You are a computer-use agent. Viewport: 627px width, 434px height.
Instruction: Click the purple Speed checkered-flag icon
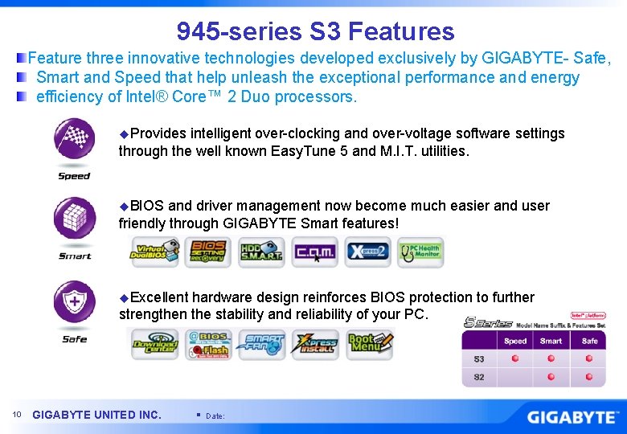[x=74, y=138]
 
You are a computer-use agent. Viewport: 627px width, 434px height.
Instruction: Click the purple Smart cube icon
[x=74, y=219]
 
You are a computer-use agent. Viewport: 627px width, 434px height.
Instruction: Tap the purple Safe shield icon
[x=74, y=302]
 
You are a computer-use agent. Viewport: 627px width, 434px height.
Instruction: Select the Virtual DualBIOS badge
[x=156, y=252]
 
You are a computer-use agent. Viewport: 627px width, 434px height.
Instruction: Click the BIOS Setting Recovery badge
[x=207, y=252]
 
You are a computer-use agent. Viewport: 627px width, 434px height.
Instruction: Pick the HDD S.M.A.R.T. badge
[x=260, y=252]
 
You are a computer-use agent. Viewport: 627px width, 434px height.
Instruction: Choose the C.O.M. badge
[x=314, y=252]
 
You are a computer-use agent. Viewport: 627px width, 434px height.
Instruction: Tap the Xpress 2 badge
[x=368, y=252]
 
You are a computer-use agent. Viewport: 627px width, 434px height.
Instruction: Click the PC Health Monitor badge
[x=420, y=252]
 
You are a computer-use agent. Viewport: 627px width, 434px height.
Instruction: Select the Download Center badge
[x=155, y=344]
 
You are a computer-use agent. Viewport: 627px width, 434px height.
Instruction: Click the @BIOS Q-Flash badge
[x=208, y=344]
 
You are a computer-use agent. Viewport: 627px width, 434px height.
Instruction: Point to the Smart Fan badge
[x=263, y=344]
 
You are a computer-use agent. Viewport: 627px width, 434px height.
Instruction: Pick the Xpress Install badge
[x=317, y=344]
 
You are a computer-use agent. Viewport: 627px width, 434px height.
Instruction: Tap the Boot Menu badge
[x=370, y=344]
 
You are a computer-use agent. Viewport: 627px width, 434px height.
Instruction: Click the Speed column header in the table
[x=515, y=341]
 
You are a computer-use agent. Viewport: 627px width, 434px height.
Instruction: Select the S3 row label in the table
[x=479, y=359]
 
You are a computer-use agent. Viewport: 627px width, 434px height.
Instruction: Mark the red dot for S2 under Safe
[x=589, y=377]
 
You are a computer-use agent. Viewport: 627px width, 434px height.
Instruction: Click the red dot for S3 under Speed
[x=515, y=359]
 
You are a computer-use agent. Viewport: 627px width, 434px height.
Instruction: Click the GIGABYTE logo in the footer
[x=572, y=417]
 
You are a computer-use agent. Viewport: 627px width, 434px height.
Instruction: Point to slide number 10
[x=17, y=415]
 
